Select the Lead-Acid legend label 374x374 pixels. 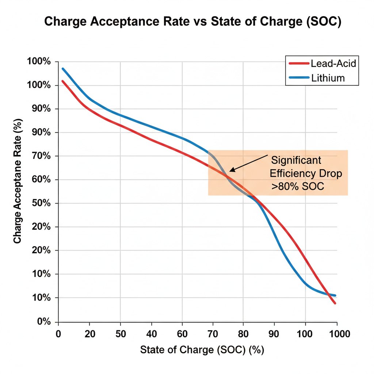tap(333, 63)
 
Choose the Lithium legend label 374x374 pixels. tap(328, 77)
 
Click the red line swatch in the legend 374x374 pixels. tap(299, 63)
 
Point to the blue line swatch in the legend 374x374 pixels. tap(299, 77)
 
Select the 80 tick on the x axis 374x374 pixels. tap(244, 333)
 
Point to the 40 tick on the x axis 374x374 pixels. tap(151, 333)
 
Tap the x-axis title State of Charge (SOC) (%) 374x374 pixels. tap(202, 350)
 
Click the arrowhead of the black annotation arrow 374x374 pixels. tap(231, 170)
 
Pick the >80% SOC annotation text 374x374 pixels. tap(297, 187)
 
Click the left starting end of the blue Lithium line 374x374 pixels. tap(63, 69)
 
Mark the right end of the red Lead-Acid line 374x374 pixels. tap(335, 303)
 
